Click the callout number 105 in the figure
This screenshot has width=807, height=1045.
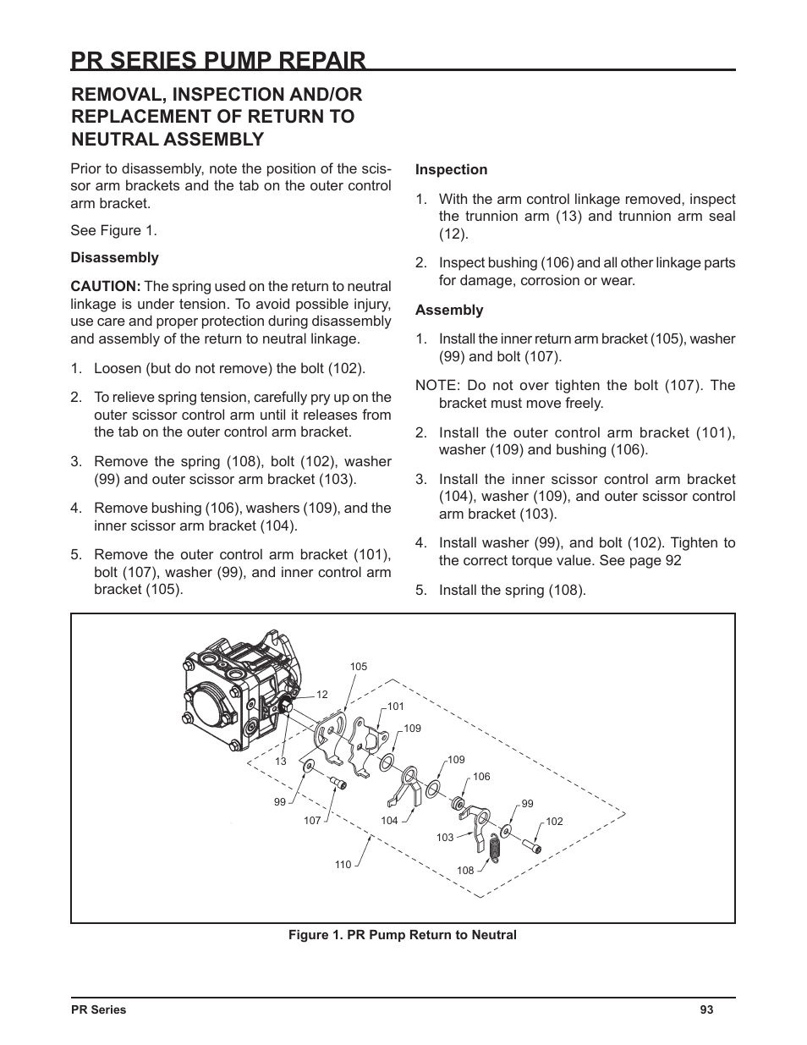(x=359, y=667)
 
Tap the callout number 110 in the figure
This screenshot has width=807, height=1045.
(x=343, y=864)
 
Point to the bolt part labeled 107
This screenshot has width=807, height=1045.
(x=339, y=782)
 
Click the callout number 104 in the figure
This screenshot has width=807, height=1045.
(x=389, y=821)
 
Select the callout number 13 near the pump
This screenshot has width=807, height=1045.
(x=281, y=761)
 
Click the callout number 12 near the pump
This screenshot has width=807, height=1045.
(x=322, y=695)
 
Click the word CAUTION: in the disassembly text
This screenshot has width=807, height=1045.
(x=105, y=287)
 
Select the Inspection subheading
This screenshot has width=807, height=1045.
(x=451, y=170)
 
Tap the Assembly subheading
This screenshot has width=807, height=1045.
(x=449, y=311)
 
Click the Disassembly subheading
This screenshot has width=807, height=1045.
(x=114, y=258)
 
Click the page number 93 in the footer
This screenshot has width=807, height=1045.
(x=706, y=1009)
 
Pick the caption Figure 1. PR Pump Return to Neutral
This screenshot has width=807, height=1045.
(x=403, y=935)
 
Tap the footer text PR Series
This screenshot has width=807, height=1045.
(x=98, y=1009)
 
